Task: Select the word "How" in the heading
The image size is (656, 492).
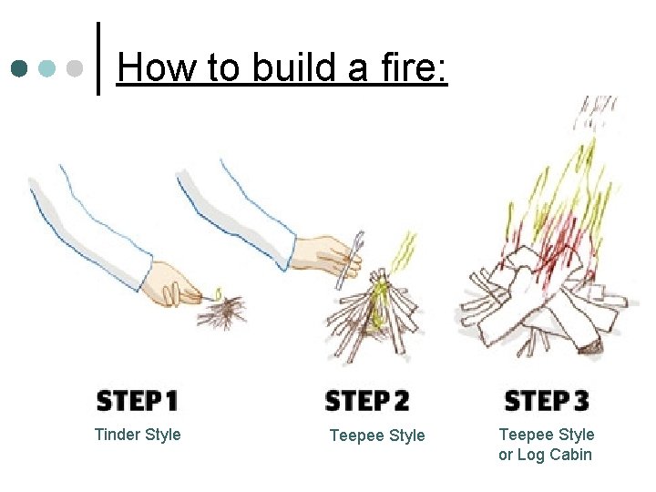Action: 151,67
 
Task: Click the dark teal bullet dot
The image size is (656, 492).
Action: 19,69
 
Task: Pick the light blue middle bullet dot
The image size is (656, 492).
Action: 48,69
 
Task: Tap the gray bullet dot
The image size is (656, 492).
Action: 77,69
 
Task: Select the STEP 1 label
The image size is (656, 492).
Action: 137,401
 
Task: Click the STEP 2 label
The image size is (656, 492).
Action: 367,401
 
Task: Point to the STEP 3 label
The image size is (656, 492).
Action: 546,401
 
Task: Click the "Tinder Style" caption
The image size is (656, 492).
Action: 138,435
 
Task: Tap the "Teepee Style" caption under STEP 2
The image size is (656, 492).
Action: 376,436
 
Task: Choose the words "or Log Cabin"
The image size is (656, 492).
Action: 545,455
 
